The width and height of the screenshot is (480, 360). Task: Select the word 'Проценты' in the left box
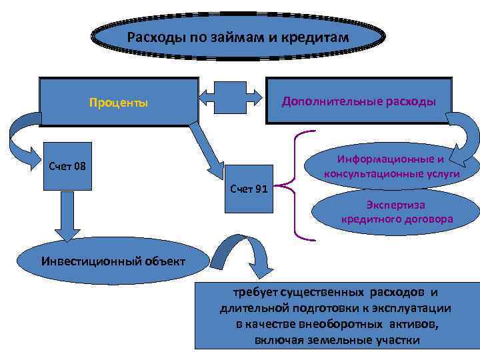(119, 103)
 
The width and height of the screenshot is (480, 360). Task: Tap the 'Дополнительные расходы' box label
(359, 101)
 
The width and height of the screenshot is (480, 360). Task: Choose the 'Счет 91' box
(249, 189)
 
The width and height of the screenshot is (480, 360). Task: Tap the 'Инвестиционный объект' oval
(111, 261)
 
